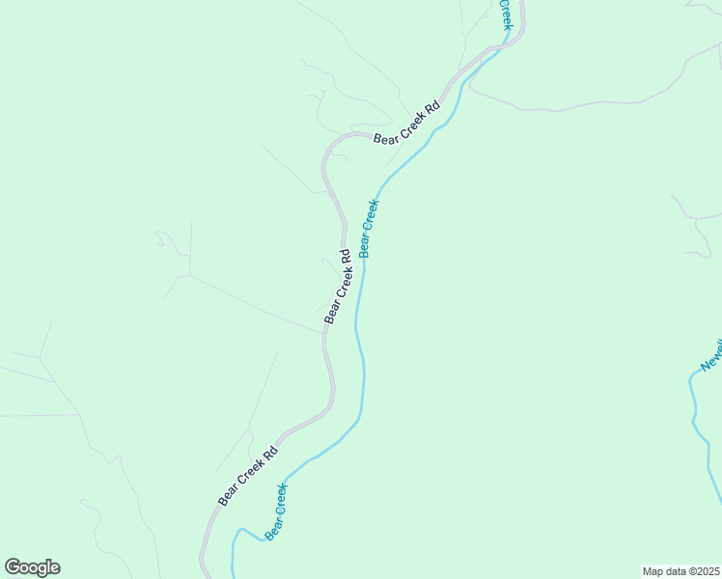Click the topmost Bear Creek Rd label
coord(406,123)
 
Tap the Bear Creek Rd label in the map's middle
coord(337,287)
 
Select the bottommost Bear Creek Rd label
coord(248,476)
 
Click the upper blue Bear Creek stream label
coord(369,228)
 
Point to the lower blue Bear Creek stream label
coord(276,510)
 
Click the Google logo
coord(33,567)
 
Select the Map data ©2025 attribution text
coord(681,570)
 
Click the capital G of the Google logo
coord(14,567)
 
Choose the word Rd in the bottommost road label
coord(271,452)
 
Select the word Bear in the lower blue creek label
coord(271,527)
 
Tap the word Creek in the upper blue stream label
coord(371,214)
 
